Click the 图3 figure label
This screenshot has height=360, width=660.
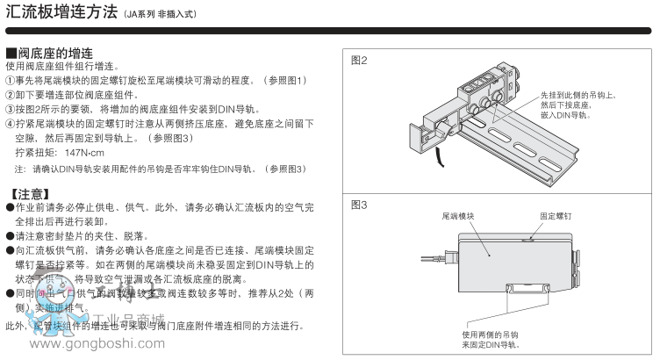360,205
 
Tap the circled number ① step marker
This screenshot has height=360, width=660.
11,81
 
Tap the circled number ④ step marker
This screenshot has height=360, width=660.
11,124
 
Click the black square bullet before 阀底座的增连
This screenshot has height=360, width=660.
11,54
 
